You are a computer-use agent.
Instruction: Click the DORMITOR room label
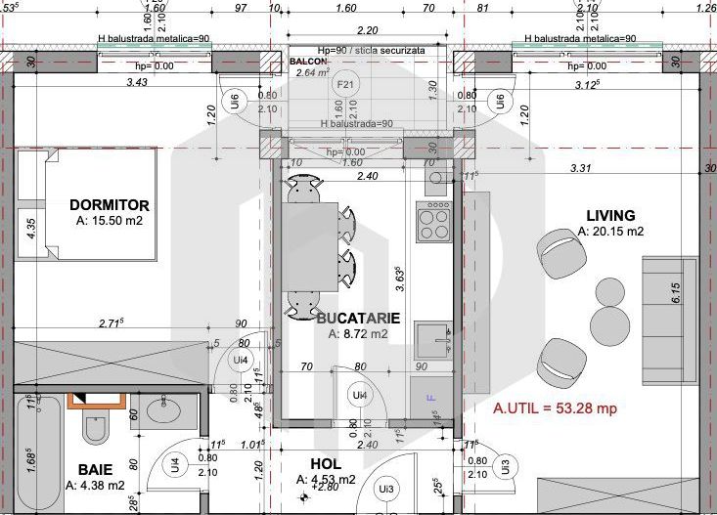tap(110, 205)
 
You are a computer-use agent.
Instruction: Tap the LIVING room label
tap(610, 215)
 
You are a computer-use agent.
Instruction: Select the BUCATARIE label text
tap(359, 318)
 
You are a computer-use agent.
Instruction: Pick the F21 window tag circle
tap(345, 85)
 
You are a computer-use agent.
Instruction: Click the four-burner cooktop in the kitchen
tap(433, 222)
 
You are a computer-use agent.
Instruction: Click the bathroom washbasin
tap(160, 411)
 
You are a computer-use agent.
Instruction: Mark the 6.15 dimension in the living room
tap(675, 293)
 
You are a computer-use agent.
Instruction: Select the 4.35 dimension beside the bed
tap(31, 228)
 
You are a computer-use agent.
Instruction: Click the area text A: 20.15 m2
tap(610, 232)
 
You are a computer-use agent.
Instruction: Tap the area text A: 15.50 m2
tap(110, 222)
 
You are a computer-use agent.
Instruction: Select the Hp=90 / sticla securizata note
tap(371, 48)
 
